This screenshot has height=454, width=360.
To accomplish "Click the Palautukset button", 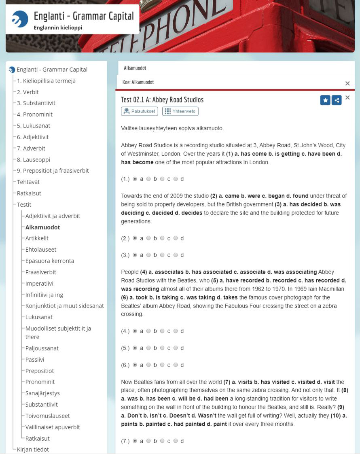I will [139, 111].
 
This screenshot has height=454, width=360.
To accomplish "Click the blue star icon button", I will [325, 100].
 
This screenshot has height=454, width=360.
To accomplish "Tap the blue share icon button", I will [337, 100].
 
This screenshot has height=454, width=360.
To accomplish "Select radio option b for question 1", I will [148, 179].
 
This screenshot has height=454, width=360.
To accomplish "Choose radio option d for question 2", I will [176, 238].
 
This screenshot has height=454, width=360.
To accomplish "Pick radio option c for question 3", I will [162, 255].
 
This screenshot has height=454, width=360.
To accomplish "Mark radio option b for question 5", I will [148, 348].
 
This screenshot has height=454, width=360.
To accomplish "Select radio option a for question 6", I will [135, 365].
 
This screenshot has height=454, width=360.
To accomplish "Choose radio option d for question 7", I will [176, 441].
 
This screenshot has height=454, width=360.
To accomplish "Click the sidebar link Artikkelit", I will [37, 238].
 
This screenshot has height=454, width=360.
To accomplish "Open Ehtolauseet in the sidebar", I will [41, 250].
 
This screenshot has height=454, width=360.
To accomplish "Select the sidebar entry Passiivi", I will [35, 359].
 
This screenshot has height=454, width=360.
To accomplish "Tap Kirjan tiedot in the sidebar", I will [33, 449].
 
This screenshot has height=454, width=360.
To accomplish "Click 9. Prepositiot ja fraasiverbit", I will [53, 171].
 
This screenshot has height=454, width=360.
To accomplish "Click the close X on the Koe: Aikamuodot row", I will [347, 83].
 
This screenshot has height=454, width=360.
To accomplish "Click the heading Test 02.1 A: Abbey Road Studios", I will [162, 100].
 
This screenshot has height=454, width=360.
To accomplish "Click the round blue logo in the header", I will [20, 19].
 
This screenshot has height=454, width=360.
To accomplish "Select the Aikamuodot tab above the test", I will [135, 68].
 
